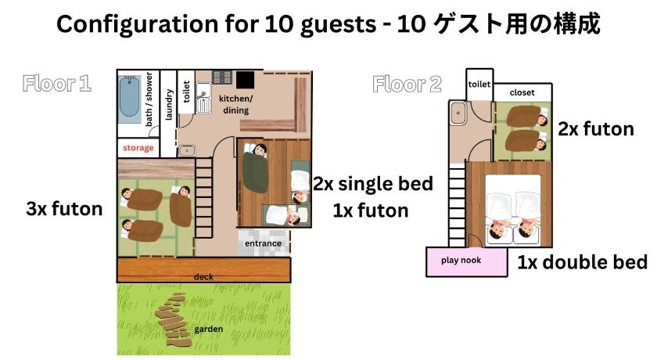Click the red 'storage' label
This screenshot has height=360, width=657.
(138, 147)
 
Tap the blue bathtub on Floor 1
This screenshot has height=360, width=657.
(130, 99)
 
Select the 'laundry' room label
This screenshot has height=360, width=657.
(168, 105)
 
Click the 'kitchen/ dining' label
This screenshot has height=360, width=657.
(235, 104)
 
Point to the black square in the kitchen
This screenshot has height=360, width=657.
(245, 80)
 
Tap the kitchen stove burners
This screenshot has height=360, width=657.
(222, 77)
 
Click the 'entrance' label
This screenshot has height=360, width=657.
(263, 243)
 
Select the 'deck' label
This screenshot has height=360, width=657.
(203, 276)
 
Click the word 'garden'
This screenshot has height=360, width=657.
(208, 329)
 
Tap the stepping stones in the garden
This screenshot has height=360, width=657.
(173, 319)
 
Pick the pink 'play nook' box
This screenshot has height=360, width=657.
(466, 261)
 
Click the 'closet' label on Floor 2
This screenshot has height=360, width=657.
(522, 92)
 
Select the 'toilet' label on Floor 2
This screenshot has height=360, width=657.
(479, 85)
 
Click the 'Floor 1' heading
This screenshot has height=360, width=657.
(57, 84)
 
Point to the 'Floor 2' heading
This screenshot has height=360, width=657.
(407, 85)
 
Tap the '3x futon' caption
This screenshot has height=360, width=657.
(64, 209)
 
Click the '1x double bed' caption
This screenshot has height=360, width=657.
(583, 262)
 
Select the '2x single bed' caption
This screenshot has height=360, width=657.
(373, 184)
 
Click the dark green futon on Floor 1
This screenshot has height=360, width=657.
(255, 172)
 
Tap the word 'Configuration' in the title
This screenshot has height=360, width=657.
(137, 24)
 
